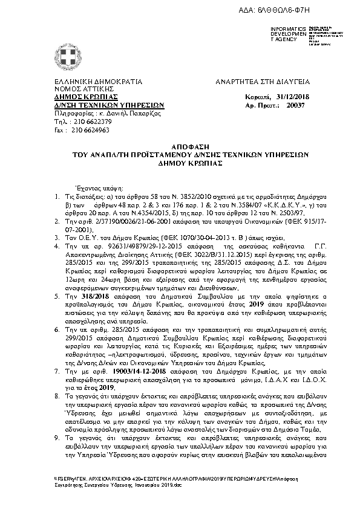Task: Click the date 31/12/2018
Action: click(293, 97)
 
